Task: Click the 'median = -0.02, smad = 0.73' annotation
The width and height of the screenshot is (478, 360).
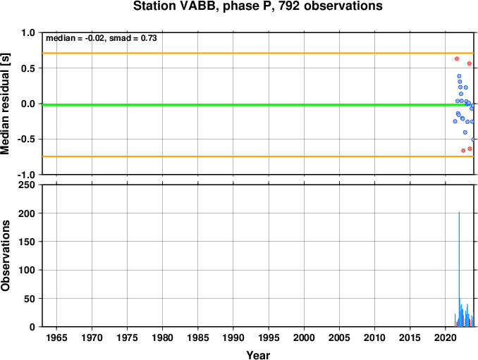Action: tap(102, 38)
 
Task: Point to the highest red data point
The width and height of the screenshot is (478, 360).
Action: tap(457, 58)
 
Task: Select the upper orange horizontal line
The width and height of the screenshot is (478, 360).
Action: tap(258, 54)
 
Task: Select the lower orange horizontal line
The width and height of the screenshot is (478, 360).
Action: tap(258, 156)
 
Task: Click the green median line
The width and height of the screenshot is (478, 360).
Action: tap(258, 105)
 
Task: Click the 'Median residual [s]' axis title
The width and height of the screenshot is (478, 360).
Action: tap(5, 104)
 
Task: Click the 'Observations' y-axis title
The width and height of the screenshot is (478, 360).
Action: tap(5, 256)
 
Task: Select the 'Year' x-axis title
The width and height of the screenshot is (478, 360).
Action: tap(258, 355)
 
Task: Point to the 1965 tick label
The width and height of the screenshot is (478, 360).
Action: tap(56, 337)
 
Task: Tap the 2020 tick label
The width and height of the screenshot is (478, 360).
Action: tap(446, 337)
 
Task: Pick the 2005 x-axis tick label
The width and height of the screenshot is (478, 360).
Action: tap(339, 337)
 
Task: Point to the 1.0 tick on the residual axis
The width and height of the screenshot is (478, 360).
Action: tap(28, 32)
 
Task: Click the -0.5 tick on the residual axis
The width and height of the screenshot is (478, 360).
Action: tap(26, 139)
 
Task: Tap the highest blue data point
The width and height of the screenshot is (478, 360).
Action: tap(459, 76)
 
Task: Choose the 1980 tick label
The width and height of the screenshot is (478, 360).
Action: tap(162, 337)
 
